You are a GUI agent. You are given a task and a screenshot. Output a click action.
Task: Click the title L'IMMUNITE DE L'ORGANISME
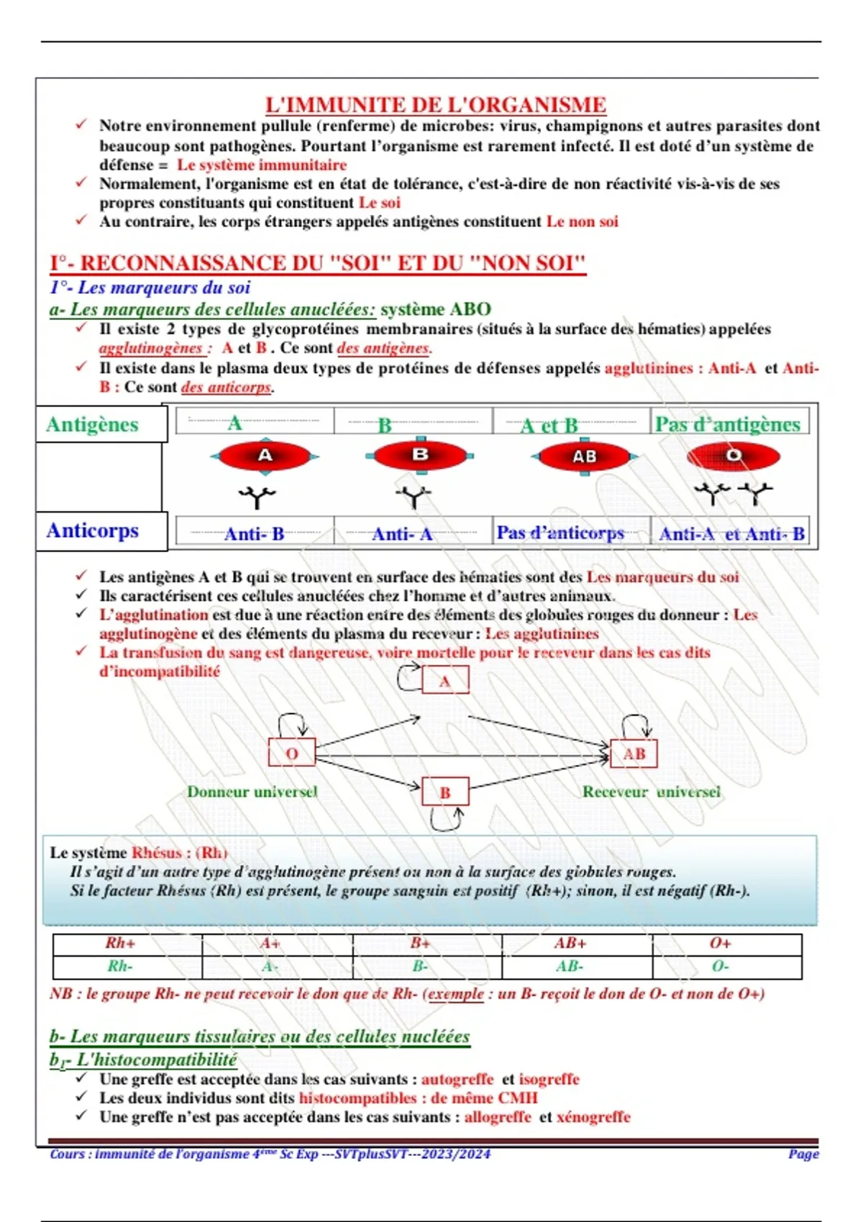coord(435,105)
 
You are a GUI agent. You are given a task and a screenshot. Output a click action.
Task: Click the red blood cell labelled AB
coord(585,456)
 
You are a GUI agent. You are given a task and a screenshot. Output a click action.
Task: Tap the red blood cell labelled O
coord(733,456)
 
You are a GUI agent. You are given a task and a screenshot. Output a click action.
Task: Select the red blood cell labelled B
coord(420,455)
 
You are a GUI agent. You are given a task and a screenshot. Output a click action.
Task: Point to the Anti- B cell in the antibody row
coord(255,533)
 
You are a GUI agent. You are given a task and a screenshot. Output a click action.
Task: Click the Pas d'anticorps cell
coord(560,533)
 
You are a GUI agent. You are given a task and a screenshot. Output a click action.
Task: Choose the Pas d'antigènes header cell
coord(727,424)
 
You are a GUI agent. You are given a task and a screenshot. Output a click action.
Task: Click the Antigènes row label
coord(92,424)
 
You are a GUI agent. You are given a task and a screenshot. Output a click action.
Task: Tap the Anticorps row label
coord(92,530)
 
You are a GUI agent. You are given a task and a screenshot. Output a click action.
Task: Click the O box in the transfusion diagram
coord(291,753)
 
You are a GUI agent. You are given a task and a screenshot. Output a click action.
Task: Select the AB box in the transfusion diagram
coord(634,753)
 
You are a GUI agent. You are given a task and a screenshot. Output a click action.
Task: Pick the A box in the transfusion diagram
coord(445,681)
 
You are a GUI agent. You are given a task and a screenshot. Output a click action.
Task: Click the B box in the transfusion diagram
coord(445,792)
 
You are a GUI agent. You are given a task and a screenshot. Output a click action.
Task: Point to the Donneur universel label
coord(252,791)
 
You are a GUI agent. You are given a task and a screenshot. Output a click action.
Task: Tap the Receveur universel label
coord(651,791)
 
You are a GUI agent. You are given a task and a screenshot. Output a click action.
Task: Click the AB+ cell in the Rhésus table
coord(570,943)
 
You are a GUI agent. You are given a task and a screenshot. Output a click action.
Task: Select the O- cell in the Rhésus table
coord(721,966)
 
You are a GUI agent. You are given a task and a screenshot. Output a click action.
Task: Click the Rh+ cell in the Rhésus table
coord(120,943)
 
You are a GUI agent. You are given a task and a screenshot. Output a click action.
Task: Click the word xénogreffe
coord(593,1117)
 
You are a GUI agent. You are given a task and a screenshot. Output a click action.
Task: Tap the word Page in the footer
coord(803,1154)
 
